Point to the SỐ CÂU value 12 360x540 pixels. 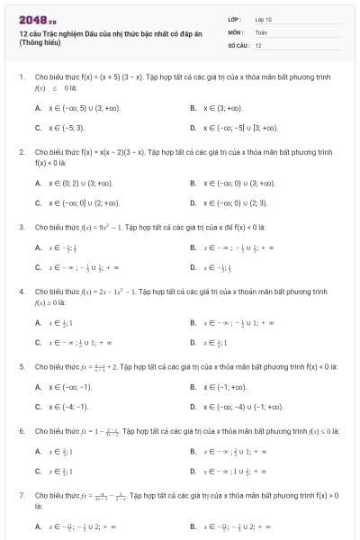pos(258,44)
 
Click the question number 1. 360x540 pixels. pos(21,77)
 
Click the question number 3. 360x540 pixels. pos(21,227)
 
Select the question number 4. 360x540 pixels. pos(21,292)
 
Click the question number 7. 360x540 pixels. pos(21,495)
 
